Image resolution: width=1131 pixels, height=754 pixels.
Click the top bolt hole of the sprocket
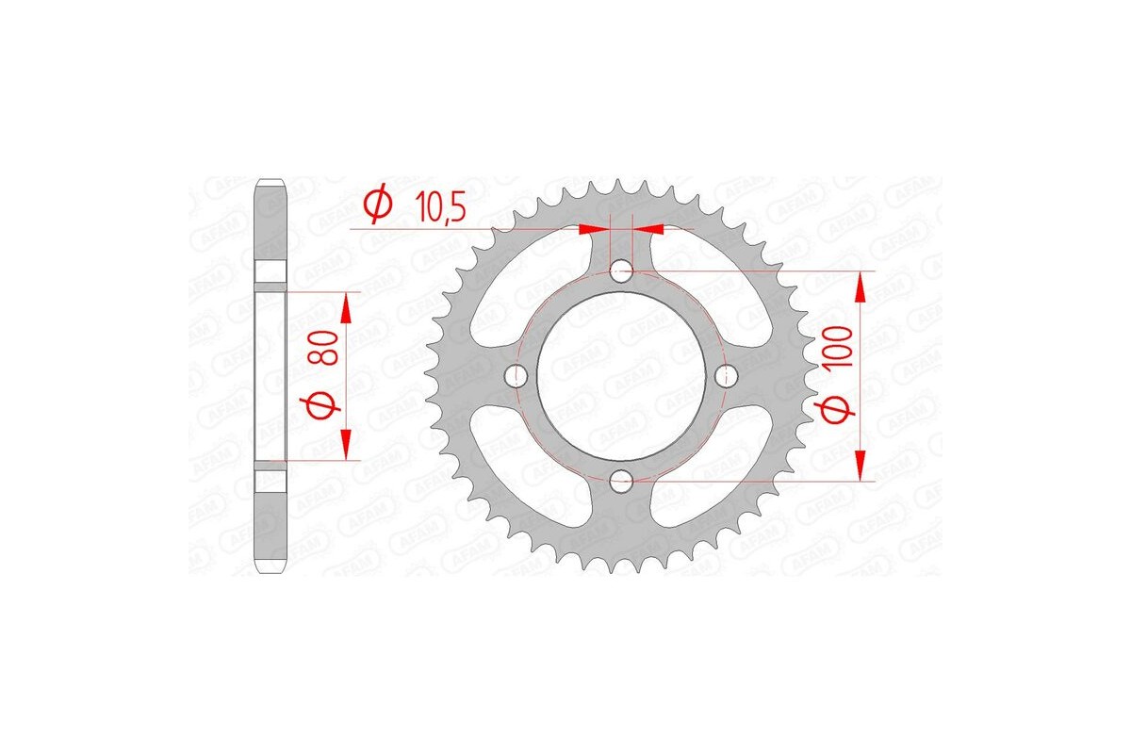620,271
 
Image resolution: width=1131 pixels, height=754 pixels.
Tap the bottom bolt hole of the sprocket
620,482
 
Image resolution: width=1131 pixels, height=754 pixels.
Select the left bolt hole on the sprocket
516,376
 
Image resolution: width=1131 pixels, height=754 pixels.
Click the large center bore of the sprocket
620,376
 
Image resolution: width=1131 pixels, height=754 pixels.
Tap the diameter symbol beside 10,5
378,205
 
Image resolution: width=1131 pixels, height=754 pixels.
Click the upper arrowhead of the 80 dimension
346,304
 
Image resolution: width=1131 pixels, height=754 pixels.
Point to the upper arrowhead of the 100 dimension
861,286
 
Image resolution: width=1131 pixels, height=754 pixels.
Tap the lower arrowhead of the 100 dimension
861,467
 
